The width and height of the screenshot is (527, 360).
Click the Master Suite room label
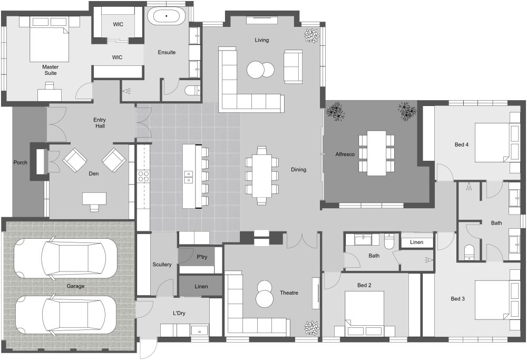click(50, 70)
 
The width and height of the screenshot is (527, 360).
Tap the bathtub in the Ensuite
click(167, 16)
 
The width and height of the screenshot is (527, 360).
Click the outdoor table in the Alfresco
click(376, 153)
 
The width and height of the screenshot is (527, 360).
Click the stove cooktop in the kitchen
click(143, 176)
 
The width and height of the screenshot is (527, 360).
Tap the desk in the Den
click(94, 199)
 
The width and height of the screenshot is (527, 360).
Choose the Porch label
click(20, 162)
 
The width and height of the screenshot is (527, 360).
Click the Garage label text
click(75, 286)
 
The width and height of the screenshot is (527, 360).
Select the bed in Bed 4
click(492, 142)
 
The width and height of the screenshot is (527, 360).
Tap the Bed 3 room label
click(457, 299)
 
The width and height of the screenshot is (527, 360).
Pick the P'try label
click(201, 257)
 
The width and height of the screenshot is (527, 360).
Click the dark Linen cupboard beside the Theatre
click(201, 286)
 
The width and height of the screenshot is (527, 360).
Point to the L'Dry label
click(179, 313)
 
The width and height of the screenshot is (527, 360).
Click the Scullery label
click(162, 265)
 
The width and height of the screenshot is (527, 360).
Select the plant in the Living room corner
click(311, 35)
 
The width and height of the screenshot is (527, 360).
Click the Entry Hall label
click(100, 123)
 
